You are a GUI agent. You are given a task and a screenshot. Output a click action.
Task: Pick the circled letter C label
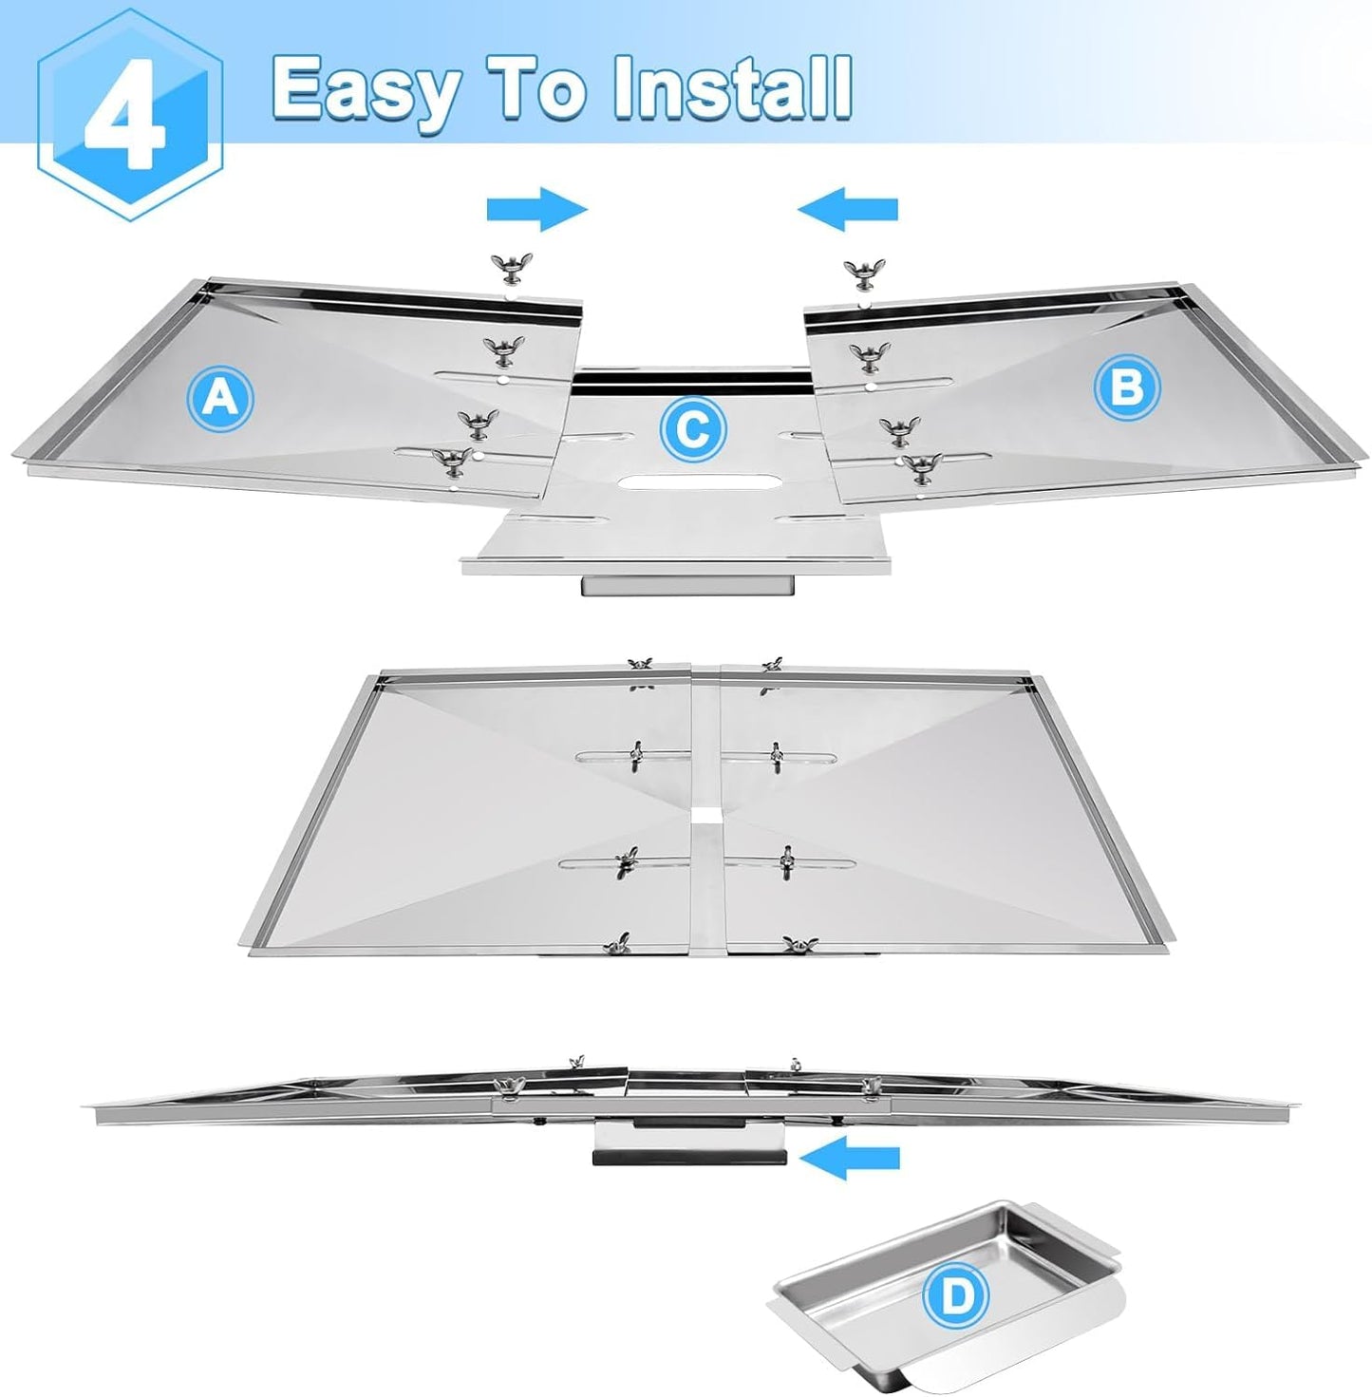pos(693,430)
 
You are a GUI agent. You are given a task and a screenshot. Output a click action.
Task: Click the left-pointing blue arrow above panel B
pos(848,209)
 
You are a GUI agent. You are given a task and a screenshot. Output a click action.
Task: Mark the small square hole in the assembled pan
pos(705,814)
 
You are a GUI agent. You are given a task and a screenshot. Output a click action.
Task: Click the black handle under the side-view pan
pos(688,1158)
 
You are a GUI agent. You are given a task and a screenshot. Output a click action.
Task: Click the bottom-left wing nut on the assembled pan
pos(613,944)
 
